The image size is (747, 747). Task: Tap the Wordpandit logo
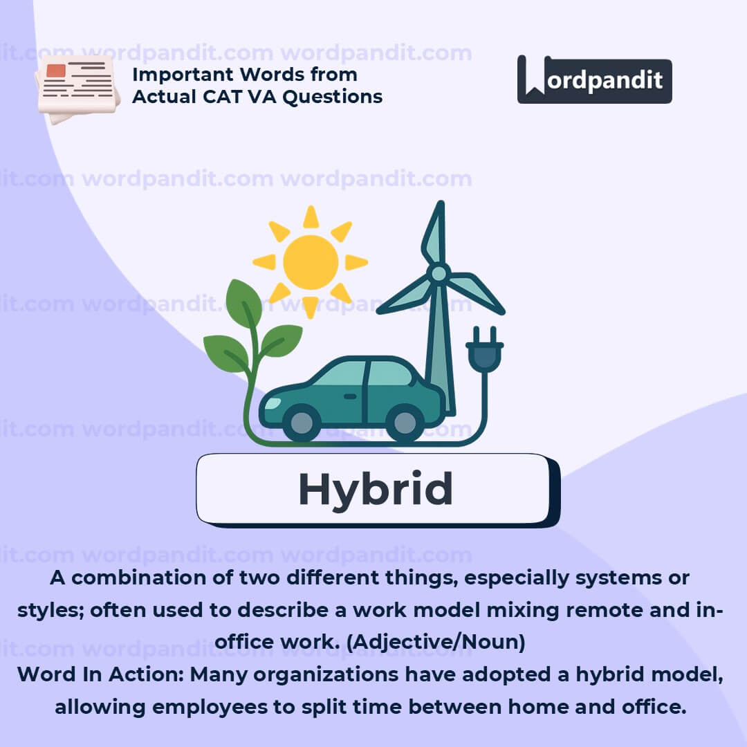click(595, 80)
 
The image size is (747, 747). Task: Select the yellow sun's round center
click(311, 262)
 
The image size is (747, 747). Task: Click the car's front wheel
click(301, 422)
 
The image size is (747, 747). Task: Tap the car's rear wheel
click(405, 422)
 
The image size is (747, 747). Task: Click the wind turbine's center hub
click(439, 274)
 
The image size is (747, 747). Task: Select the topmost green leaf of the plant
click(243, 303)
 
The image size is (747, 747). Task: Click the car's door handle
click(350, 396)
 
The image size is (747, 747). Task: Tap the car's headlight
click(273, 403)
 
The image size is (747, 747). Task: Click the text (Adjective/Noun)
click(436, 642)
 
